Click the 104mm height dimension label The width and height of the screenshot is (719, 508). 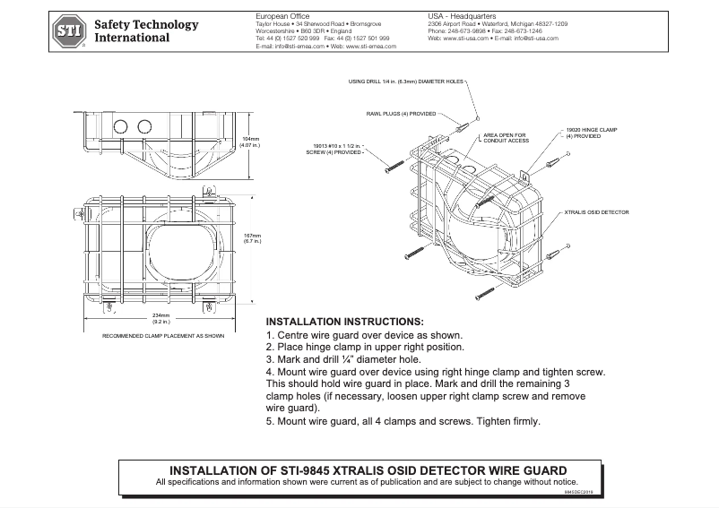coord(252,142)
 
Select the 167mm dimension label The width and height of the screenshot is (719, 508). coord(252,238)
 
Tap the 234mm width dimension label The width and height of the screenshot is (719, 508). coord(161,319)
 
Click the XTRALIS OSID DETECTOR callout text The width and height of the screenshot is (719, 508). coord(597,212)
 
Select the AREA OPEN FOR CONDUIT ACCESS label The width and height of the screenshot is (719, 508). coord(506,138)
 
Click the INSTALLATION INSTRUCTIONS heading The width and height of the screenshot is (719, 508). coord(345,321)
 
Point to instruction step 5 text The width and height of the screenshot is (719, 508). coord(403,421)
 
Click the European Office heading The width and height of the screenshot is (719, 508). coord(269,16)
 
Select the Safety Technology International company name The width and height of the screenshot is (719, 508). coord(146,31)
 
